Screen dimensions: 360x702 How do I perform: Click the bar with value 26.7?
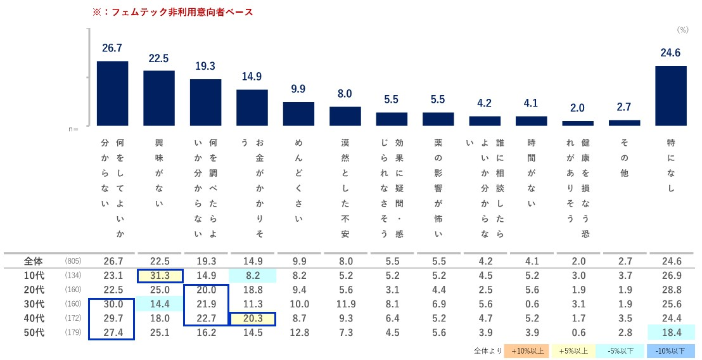pyautogui.click(x=112, y=93)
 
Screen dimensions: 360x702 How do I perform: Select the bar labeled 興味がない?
pyautogui.click(x=159, y=98)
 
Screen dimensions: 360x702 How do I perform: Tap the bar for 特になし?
pyautogui.click(x=671, y=96)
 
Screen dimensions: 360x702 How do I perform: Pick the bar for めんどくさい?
pyautogui.click(x=298, y=113)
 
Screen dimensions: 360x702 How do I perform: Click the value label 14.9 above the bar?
pyautogui.click(x=252, y=77)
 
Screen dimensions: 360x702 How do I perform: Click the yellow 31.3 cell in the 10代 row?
pyautogui.click(x=159, y=276)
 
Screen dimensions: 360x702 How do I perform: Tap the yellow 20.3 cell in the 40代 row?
pyautogui.click(x=252, y=319)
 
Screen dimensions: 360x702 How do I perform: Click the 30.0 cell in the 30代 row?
pyautogui.click(x=112, y=305)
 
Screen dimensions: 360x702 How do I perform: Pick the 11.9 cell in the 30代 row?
pyautogui.click(x=345, y=305)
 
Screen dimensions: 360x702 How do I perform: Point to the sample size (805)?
pyautogui.click(x=73, y=261)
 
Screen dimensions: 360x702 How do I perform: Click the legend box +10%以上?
pyautogui.click(x=525, y=350)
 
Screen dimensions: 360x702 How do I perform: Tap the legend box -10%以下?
pyautogui.click(x=671, y=350)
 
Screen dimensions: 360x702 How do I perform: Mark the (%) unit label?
pyautogui.click(x=682, y=30)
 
